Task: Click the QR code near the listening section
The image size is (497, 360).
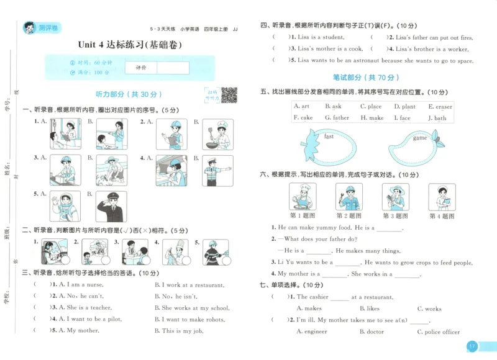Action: [229, 94]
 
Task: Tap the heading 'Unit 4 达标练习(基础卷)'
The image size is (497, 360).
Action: [131, 45]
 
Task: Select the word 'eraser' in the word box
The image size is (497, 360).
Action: [443, 107]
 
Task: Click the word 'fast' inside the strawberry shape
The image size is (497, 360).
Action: [329, 137]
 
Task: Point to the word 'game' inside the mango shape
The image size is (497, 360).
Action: [420, 138]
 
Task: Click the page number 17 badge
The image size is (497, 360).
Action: [472, 346]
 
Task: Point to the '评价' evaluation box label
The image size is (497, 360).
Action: [140, 68]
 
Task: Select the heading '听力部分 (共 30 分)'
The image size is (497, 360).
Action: [129, 94]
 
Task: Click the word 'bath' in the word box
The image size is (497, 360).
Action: [440, 118]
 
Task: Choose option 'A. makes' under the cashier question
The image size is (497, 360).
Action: [309, 308]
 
